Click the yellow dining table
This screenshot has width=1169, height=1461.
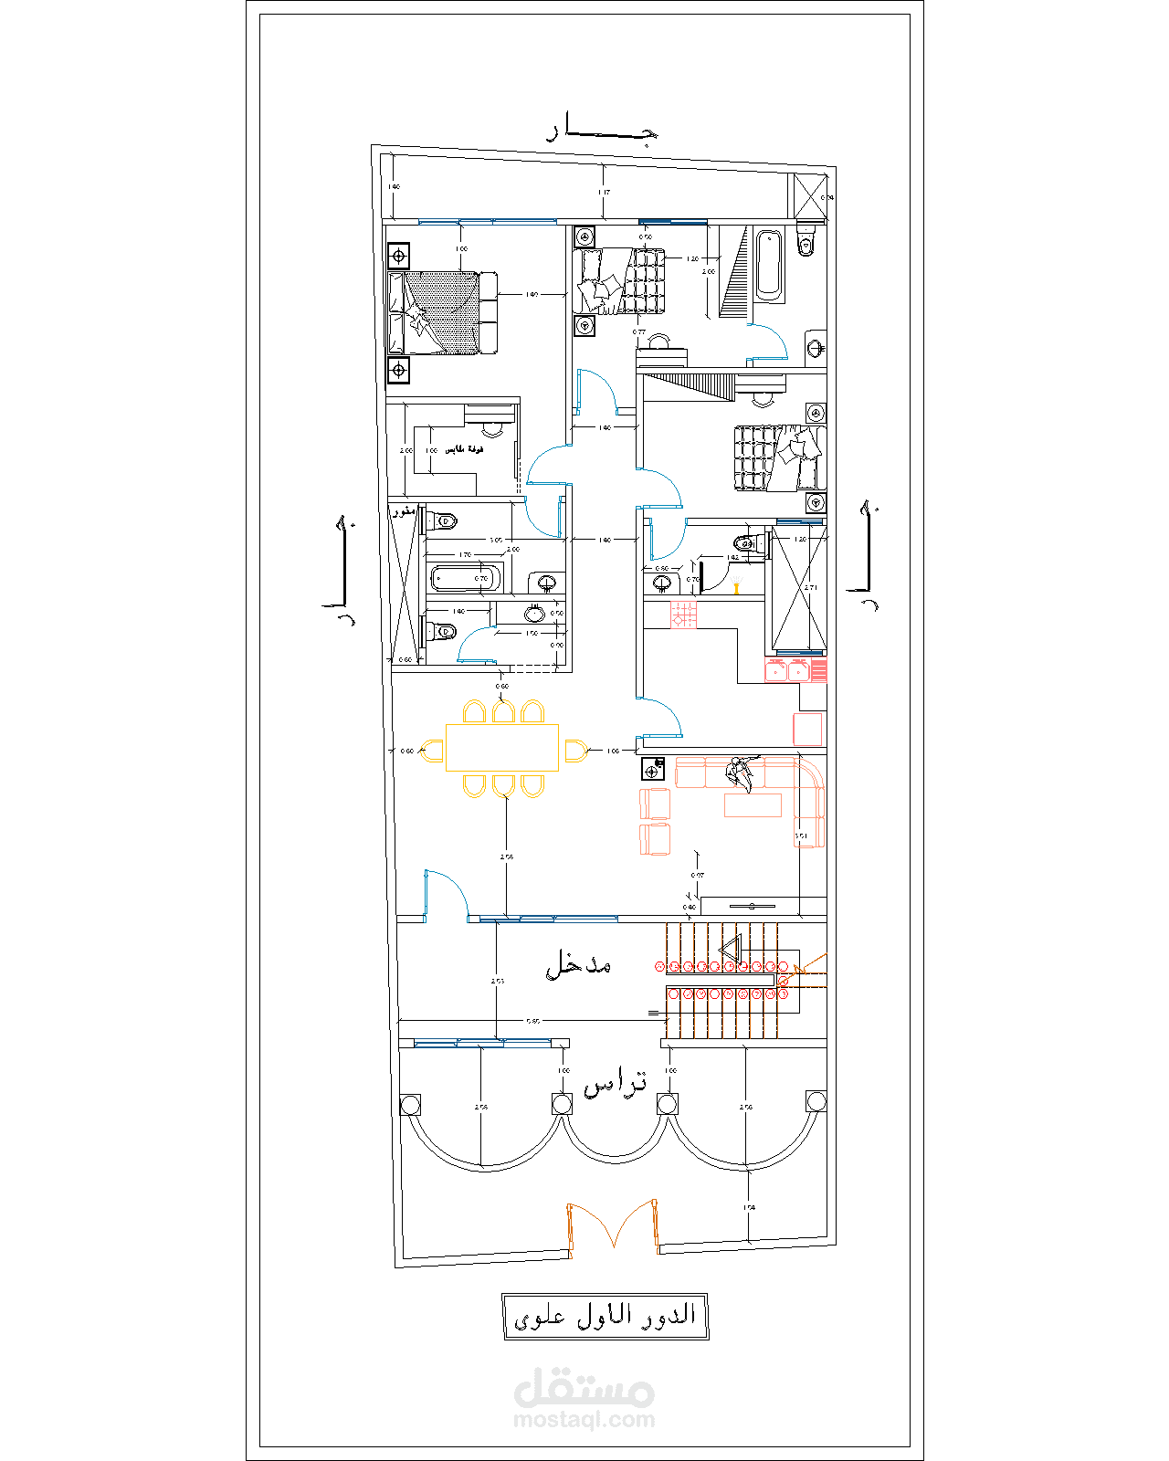501,747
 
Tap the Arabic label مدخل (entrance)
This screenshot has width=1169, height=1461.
578,964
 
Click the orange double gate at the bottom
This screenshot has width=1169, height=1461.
613,1225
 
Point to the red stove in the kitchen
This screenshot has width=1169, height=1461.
683,615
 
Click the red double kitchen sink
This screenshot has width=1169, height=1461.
787,671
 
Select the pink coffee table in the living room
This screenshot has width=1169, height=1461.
753,804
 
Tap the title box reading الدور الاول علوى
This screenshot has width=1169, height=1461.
606,1316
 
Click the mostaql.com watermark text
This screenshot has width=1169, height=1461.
584,1420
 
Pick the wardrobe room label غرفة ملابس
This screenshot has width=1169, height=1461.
464,450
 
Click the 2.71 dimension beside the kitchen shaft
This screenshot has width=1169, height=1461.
811,588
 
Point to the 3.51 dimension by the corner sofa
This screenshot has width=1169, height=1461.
801,836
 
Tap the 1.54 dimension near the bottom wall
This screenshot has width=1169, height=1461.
749,1207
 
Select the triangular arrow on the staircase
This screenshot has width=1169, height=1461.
729,952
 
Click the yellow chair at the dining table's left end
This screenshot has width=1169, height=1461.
434,751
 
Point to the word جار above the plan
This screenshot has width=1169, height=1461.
603,131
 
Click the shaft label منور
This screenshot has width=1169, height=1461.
404,511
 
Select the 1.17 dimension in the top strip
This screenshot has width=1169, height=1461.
604,193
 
